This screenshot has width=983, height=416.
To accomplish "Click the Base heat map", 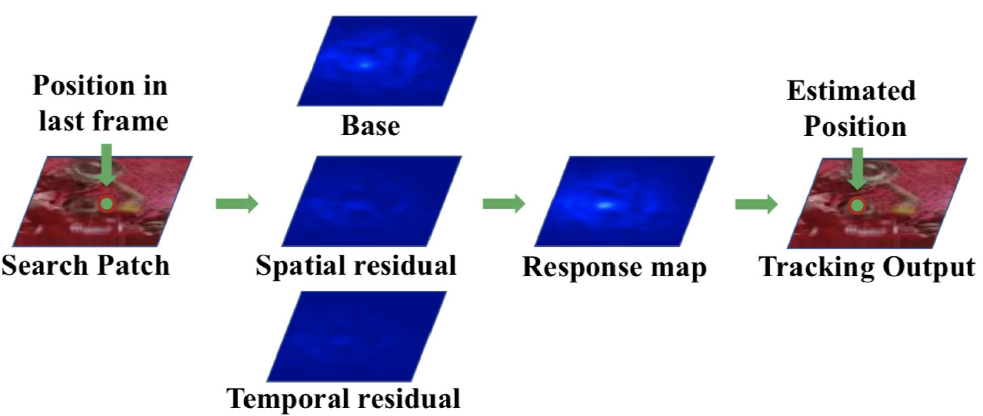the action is [387, 61].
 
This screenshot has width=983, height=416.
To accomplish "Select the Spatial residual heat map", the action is [372, 201].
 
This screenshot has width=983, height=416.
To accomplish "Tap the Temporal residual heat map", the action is [356, 336].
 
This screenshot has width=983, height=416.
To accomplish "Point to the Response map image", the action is [624, 201].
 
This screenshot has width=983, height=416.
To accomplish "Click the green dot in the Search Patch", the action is [107, 203].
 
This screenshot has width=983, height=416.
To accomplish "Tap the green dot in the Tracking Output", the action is [857, 205].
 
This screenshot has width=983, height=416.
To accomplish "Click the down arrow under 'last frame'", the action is [106, 164].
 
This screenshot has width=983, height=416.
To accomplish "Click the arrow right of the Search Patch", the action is [236, 203].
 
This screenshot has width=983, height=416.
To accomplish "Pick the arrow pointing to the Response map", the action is [504, 203].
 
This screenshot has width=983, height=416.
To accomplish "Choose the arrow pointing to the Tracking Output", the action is [756, 204].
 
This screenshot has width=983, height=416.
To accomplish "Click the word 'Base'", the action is [371, 126].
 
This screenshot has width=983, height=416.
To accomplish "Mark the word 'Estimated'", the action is [851, 91].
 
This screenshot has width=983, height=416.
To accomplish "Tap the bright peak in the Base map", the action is [365, 64].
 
